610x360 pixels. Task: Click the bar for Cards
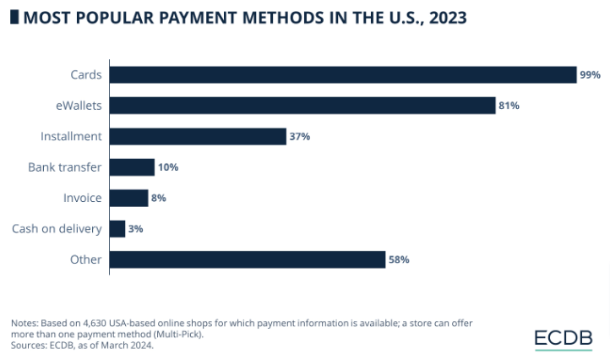click(343, 74)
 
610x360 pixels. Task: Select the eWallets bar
click(302, 106)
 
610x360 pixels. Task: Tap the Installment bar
click(198, 136)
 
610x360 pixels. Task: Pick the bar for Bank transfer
click(132, 167)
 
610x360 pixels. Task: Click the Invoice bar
click(128, 198)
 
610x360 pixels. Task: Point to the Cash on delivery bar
click(117, 228)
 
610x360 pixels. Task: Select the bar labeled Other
click(248, 259)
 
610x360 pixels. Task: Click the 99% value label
click(590, 75)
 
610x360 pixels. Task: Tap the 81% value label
click(509, 106)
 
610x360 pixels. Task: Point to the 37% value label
click(300, 137)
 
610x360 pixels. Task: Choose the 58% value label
click(399, 259)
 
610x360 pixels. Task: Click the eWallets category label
click(78, 106)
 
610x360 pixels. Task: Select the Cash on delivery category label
click(57, 229)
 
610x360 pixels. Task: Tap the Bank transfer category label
click(65, 167)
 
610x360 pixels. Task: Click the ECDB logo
click(564, 338)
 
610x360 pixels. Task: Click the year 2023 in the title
click(445, 17)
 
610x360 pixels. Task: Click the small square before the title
click(14, 17)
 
